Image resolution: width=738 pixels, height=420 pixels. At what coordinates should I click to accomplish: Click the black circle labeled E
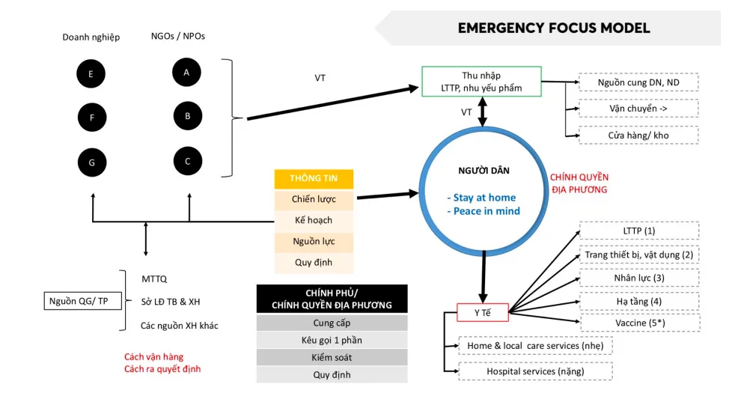coord(91,74)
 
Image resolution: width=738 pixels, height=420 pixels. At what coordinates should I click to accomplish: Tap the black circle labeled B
coord(188,116)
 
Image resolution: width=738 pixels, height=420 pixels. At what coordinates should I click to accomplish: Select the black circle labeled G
coord(91,162)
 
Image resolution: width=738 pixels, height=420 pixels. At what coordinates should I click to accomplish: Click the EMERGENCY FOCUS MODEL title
coord(554,28)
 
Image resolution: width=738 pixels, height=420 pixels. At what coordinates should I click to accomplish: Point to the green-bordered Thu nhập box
coord(481,82)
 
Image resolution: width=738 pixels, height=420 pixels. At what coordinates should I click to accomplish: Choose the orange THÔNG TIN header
coord(314,178)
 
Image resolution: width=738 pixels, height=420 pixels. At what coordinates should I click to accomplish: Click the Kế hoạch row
coord(314,221)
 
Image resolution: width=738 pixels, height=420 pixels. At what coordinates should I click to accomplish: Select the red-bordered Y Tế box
coord(483,312)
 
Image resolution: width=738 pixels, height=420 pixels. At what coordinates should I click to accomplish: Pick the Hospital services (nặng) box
coord(535,371)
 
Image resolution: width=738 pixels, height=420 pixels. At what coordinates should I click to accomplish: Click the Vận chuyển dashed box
coord(638,109)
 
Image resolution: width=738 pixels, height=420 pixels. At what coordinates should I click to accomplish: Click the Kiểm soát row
coord(332,357)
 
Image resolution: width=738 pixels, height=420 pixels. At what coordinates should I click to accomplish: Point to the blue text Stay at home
coord(484,198)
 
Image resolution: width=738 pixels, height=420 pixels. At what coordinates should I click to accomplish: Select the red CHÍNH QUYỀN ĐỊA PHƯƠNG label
coord(579,183)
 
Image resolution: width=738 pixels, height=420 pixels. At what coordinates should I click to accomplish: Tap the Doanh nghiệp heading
coord(91,37)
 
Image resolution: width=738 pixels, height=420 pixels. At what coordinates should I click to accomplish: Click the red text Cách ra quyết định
coord(162,369)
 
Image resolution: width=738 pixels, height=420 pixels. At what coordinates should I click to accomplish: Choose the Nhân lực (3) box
coord(639,278)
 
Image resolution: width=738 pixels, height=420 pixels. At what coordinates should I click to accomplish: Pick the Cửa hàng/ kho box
coord(638,136)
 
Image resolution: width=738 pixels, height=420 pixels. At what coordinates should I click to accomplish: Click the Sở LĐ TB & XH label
coord(171,302)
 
